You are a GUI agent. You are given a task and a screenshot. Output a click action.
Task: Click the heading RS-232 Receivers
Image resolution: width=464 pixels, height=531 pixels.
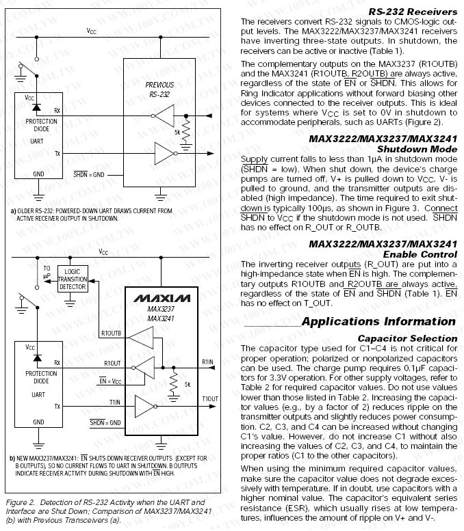coord(413,12)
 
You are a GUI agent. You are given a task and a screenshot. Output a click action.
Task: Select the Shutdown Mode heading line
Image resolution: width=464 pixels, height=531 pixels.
coord(417,149)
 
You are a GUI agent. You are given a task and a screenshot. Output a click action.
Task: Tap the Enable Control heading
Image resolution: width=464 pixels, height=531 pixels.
coord(420,254)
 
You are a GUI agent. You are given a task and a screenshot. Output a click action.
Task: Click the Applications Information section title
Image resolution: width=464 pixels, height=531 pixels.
coord(379,321)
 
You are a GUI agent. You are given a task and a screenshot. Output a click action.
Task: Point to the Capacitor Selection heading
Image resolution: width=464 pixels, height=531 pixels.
coord(407,338)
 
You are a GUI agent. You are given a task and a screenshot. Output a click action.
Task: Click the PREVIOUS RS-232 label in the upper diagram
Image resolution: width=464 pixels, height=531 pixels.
coord(159,89)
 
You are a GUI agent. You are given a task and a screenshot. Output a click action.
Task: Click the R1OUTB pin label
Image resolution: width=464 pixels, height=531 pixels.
coord(112,333)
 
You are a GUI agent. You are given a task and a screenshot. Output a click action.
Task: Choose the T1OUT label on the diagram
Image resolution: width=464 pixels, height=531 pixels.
coord(210,398)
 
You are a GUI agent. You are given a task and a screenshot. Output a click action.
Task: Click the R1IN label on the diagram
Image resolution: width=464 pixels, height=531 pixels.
coord(208,362)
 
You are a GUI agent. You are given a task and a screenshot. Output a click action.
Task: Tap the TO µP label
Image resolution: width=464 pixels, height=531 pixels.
coord(47,272)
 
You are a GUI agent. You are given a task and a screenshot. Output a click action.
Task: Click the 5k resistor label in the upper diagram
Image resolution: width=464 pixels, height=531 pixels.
coord(178,131)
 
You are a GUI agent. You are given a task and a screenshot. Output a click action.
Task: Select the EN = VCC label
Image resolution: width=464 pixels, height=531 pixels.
coord(109,380)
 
